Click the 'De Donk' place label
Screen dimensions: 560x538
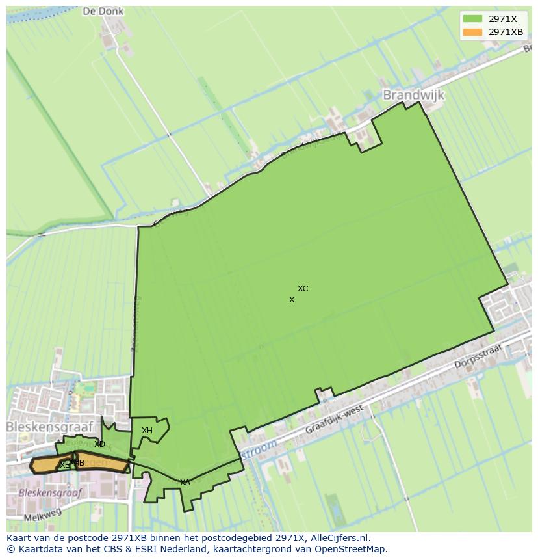click(103, 11)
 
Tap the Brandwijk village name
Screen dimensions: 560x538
click(414, 95)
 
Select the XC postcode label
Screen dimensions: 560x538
click(303, 289)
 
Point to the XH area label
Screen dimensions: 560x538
click(147, 431)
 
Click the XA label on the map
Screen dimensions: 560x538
click(185, 483)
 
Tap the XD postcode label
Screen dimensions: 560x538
click(99, 444)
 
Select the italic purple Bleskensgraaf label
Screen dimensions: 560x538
click(50, 492)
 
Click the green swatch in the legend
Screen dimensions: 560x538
click(472, 19)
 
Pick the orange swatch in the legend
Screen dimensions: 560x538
click(472, 32)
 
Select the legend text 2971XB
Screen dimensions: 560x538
click(506, 32)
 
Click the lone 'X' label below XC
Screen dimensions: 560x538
click(292, 300)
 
